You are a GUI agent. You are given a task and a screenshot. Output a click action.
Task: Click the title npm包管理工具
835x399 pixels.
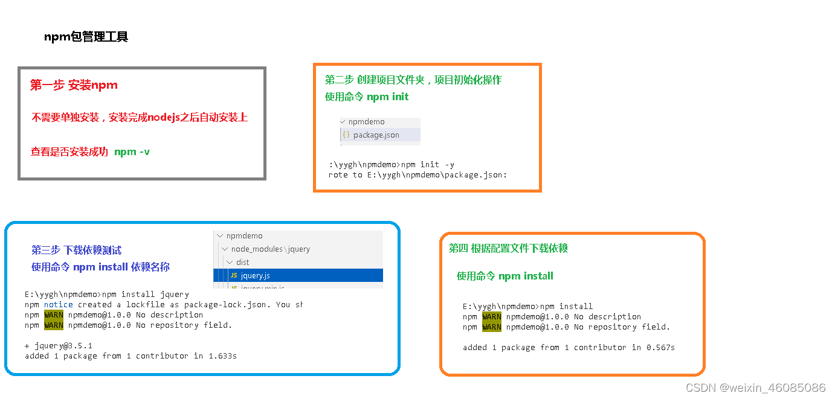(86, 37)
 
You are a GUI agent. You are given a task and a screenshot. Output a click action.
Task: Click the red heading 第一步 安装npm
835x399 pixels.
(74, 85)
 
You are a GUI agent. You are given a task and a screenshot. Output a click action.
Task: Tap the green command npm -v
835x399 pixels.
(132, 152)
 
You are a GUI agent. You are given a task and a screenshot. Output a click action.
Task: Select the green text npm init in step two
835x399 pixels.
(387, 97)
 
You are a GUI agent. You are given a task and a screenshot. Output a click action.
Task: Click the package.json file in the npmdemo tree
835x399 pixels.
(376, 135)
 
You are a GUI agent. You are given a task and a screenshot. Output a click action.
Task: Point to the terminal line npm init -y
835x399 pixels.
(428, 164)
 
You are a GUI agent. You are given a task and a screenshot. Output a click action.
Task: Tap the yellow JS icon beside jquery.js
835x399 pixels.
(233, 275)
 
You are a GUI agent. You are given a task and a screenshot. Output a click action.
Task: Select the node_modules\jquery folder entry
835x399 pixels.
(270, 249)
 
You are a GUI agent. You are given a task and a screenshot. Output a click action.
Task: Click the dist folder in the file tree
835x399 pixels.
(242, 262)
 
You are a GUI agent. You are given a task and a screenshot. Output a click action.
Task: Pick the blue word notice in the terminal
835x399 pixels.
(58, 305)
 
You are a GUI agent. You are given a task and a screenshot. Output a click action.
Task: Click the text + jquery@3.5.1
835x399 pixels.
(58, 346)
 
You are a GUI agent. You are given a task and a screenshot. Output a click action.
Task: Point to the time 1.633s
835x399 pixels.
(222, 356)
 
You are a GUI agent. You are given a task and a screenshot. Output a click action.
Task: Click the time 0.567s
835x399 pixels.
(660, 347)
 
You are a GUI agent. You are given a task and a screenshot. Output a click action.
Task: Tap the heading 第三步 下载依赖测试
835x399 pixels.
(76, 250)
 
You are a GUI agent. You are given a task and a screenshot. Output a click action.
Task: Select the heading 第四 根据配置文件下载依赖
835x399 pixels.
(508, 248)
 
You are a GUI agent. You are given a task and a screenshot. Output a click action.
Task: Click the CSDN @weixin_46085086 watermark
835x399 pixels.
(756, 388)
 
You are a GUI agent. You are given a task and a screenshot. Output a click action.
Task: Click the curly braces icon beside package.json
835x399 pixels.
(346, 135)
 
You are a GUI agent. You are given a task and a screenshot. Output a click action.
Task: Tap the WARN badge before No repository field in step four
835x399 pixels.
(492, 327)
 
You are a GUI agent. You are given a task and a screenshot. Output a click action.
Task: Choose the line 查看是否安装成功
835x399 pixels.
(69, 152)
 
